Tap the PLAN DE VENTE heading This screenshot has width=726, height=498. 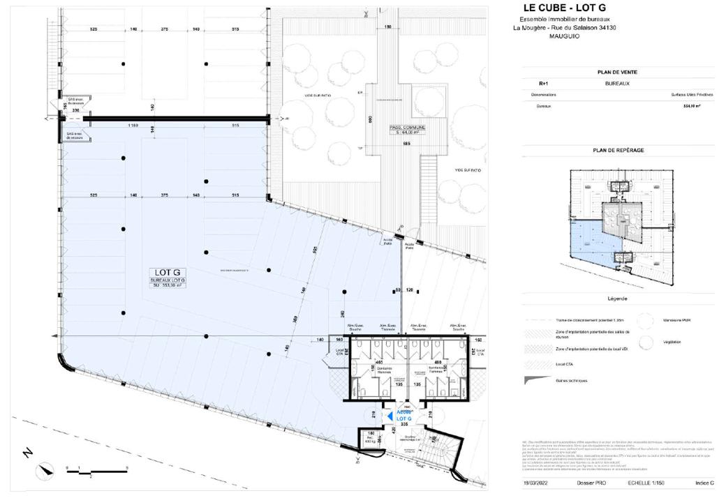coord(617,72)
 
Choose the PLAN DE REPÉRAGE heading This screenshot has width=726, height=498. coord(618,150)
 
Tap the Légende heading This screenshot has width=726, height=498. coord(618,299)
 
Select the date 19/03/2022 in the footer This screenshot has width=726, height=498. coord(536,483)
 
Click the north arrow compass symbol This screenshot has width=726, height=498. coord(46,469)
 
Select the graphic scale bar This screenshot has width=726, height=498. coord(96,472)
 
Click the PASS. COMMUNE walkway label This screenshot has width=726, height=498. coord(407,130)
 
